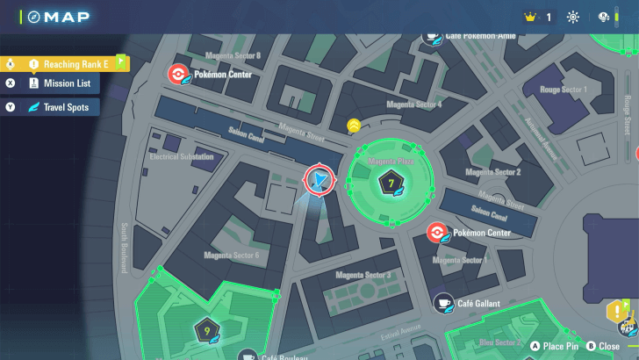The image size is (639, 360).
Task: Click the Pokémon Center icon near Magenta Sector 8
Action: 176,75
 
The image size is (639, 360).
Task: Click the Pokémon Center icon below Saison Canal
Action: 436,233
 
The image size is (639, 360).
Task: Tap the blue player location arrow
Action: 320,180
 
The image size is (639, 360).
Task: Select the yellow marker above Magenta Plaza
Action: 353,126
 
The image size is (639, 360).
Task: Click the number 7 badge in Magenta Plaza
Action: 391,183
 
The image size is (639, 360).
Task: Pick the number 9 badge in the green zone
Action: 207,331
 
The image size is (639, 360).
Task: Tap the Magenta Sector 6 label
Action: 231,256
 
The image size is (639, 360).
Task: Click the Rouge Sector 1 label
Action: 563,90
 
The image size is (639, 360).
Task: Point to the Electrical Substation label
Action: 182,157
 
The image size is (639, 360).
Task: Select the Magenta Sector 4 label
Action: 415,104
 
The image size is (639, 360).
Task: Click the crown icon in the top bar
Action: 529,17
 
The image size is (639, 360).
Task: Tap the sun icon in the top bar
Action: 573,17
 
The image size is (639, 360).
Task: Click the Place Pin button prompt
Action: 553,346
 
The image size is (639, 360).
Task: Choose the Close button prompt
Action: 602,346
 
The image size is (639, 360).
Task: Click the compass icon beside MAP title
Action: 33,17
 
